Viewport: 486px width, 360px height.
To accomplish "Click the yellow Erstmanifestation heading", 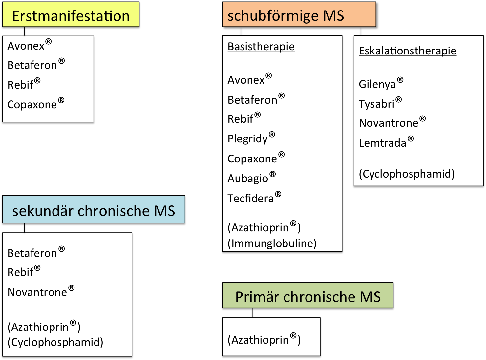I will (x=71, y=16).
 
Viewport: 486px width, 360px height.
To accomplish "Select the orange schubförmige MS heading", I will (x=285, y=15).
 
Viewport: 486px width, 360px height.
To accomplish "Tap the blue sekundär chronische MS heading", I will (x=94, y=210).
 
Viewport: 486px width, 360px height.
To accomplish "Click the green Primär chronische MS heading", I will (x=307, y=296).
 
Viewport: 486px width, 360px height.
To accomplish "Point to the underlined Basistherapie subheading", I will (x=261, y=47).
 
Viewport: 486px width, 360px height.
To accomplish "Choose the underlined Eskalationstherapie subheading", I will (x=408, y=51).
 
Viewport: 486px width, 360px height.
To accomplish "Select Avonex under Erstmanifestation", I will (x=26, y=46).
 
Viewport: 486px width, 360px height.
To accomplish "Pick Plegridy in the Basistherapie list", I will (x=248, y=139).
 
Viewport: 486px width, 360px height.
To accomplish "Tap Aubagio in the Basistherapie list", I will (x=248, y=178).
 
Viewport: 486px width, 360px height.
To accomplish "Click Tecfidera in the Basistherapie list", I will (x=251, y=198).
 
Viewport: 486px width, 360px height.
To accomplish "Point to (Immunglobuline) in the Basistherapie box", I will (x=272, y=243).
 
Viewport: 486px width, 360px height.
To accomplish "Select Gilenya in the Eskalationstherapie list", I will (x=378, y=84).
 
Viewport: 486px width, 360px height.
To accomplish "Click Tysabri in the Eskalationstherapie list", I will (x=377, y=104).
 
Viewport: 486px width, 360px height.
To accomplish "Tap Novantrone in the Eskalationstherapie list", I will (x=389, y=123).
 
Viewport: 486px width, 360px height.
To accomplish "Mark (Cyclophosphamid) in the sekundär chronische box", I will (x=55, y=342).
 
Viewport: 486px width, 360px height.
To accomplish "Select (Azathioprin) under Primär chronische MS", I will (x=264, y=340).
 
